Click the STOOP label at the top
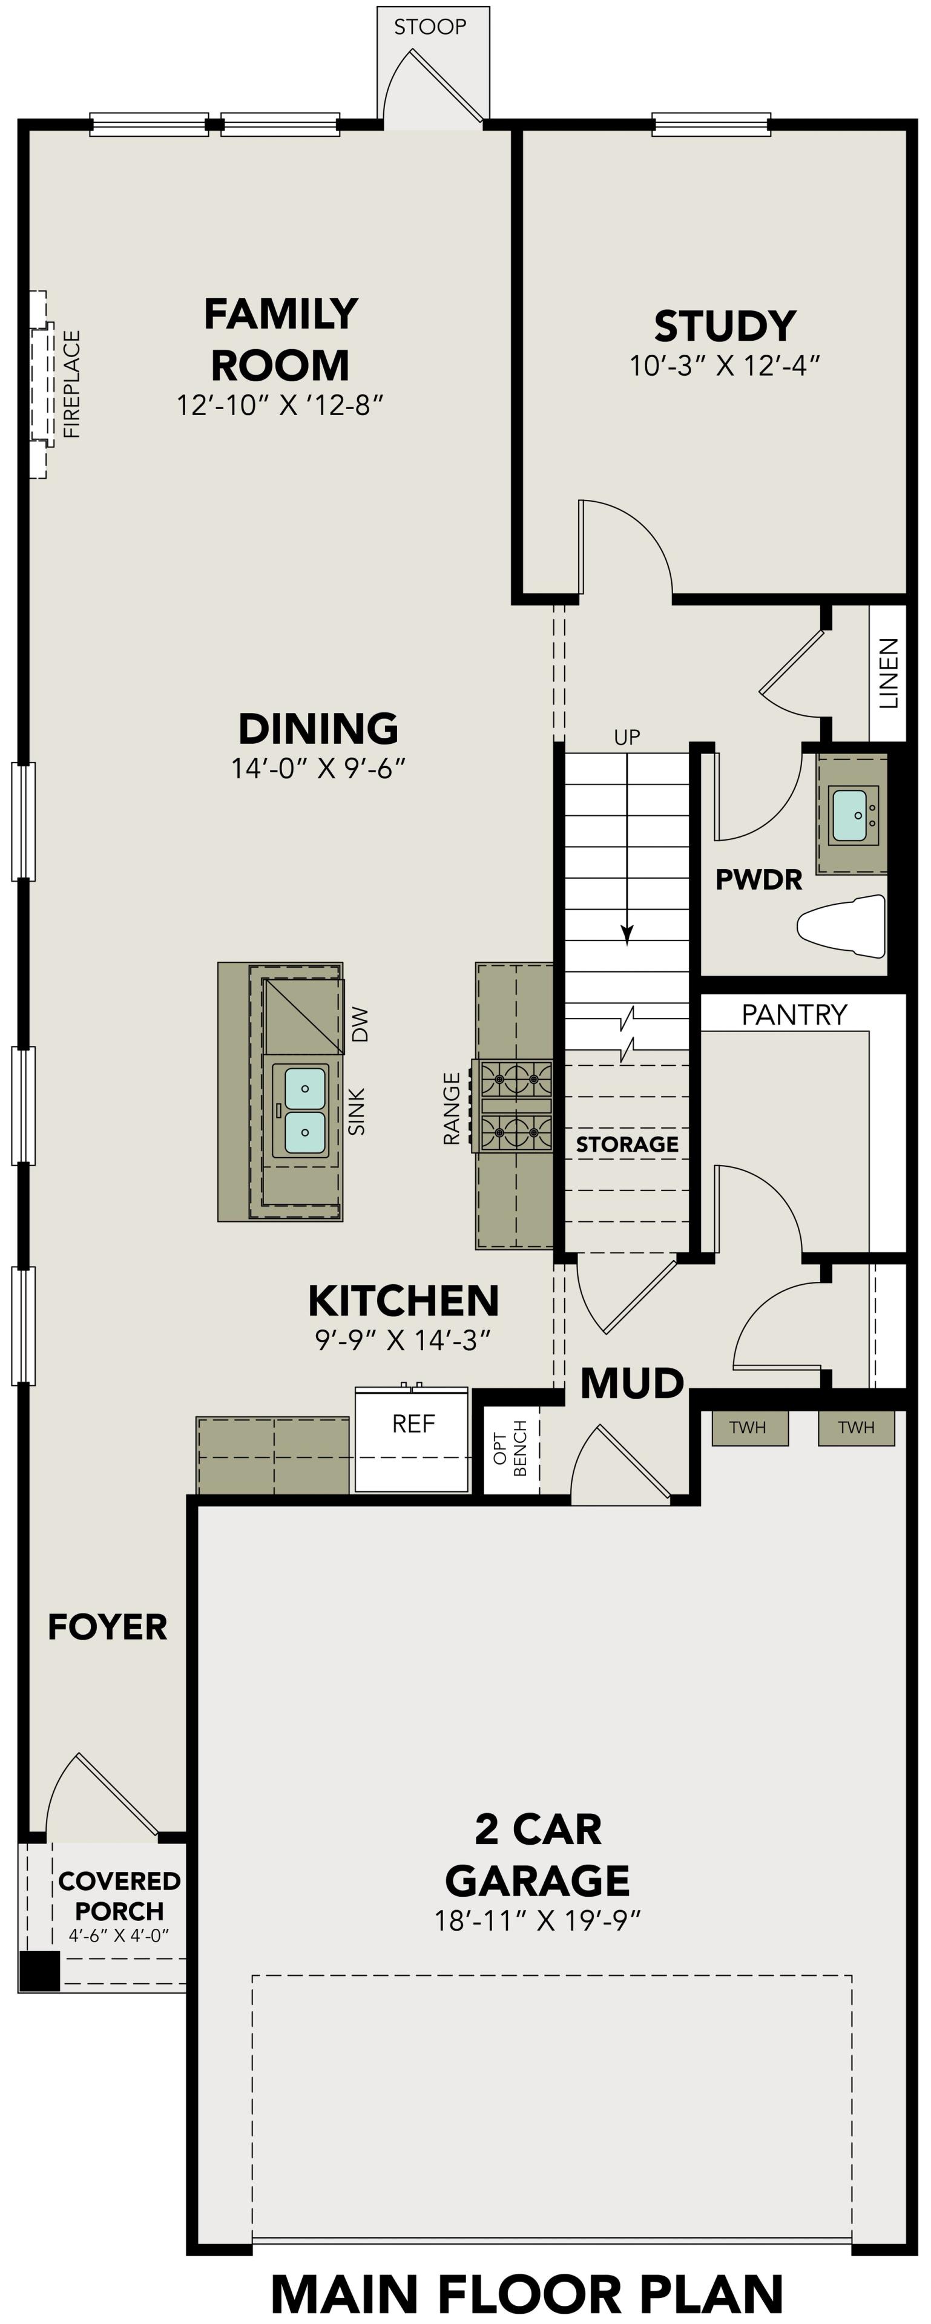tap(430, 27)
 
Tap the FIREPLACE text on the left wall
tap(72, 384)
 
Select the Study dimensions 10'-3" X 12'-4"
tap(725, 366)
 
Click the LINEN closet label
tap(889, 673)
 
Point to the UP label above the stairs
tap(627, 737)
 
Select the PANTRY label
tap(794, 1015)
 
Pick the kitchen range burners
tap(515, 1105)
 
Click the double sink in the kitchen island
tap(305, 1111)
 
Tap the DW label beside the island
tap(360, 1025)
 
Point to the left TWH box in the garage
tap(748, 1427)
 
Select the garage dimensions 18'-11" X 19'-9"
tap(538, 1922)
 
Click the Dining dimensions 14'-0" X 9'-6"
tap(318, 769)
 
